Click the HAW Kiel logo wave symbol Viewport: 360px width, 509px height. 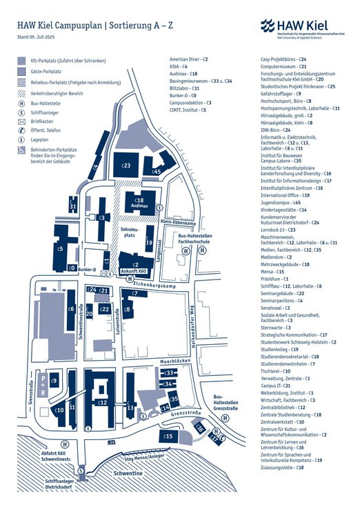pyautogui.click(x=268, y=26)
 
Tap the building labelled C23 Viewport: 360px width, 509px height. pyautogui.click(x=126, y=166)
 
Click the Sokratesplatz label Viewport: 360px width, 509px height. pyautogui.click(x=129, y=231)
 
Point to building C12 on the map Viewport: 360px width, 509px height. pyautogui.click(x=102, y=402)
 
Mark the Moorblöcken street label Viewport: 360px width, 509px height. pyautogui.click(x=170, y=361)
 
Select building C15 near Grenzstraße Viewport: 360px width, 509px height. pyautogui.click(x=168, y=437)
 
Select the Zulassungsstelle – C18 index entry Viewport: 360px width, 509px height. pyautogui.click(x=282, y=468)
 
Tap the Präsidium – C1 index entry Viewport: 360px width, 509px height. pyautogui.click(x=276, y=279)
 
